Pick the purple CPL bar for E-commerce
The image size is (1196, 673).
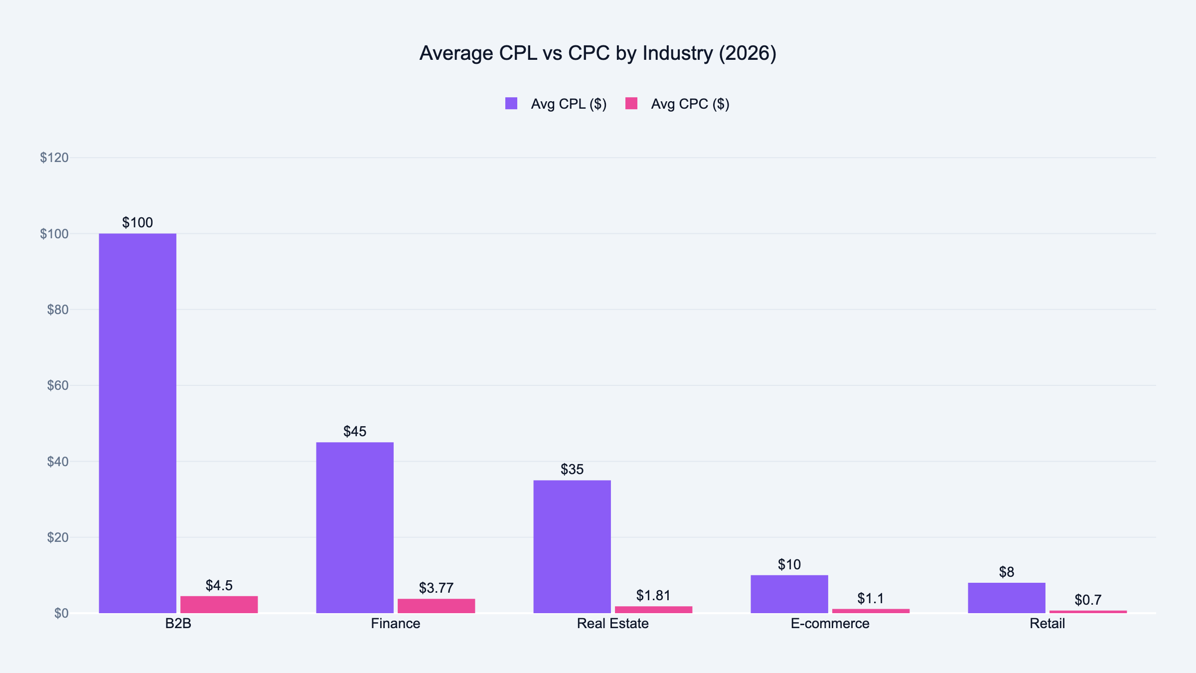point(789,594)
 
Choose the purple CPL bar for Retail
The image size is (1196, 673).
point(1007,598)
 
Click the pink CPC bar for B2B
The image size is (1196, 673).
point(219,604)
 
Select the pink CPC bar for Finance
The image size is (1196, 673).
point(436,606)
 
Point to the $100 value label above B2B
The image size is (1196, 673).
point(138,222)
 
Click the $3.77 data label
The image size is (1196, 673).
point(436,588)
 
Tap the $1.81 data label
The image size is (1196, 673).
point(653,595)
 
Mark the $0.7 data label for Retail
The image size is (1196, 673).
point(1088,600)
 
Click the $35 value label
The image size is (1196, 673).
point(572,469)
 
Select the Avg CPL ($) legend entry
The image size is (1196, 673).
point(568,104)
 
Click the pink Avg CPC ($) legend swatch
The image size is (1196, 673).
point(631,103)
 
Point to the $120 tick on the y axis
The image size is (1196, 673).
point(54,158)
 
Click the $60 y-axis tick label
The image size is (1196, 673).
point(57,385)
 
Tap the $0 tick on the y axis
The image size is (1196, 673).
point(61,613)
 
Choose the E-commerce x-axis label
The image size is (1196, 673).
point(830,624)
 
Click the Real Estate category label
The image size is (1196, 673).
point(612,624)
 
